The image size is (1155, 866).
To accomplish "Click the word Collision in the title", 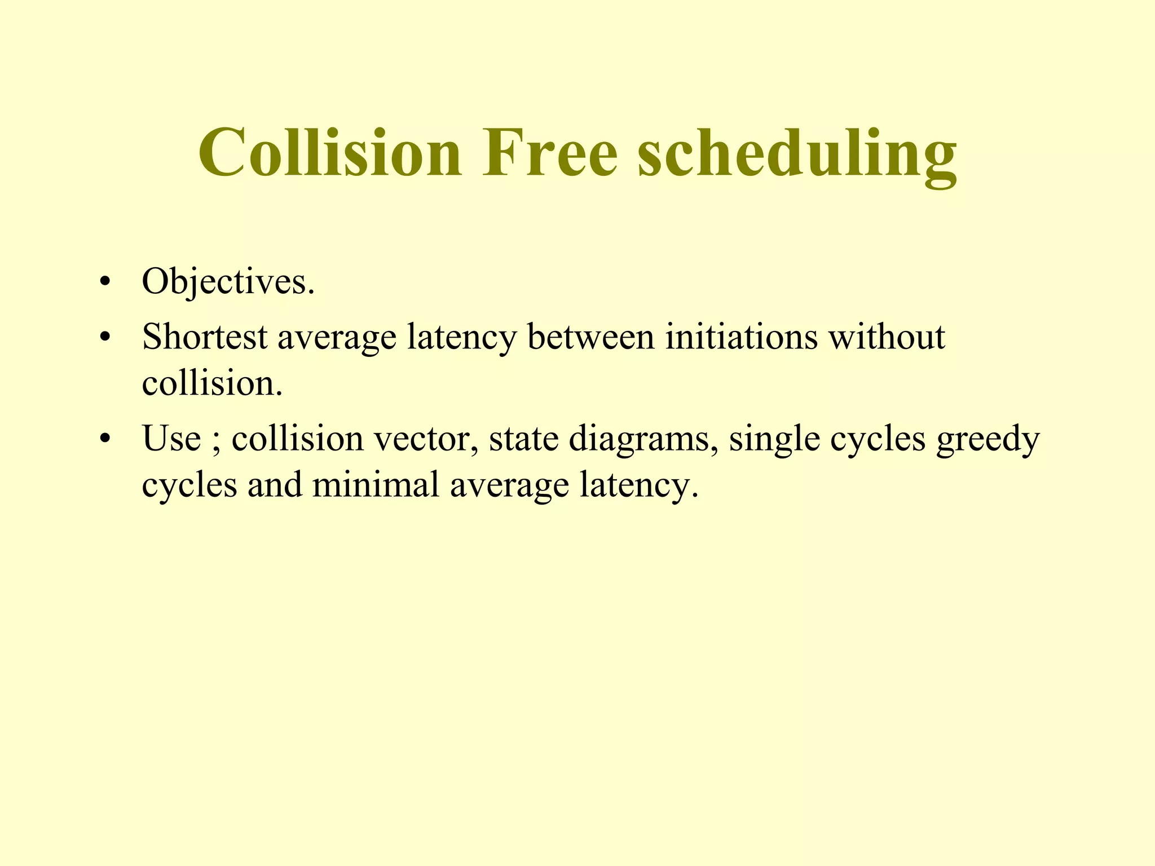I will [330, 153].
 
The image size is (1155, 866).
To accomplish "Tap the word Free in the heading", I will [550, 153].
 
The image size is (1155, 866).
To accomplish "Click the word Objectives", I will [228, 282].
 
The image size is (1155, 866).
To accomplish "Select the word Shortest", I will [205, 337].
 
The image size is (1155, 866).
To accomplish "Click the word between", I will [590, 337].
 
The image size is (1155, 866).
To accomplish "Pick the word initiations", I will [742, 337].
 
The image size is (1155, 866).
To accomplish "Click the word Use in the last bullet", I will [171, 439].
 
